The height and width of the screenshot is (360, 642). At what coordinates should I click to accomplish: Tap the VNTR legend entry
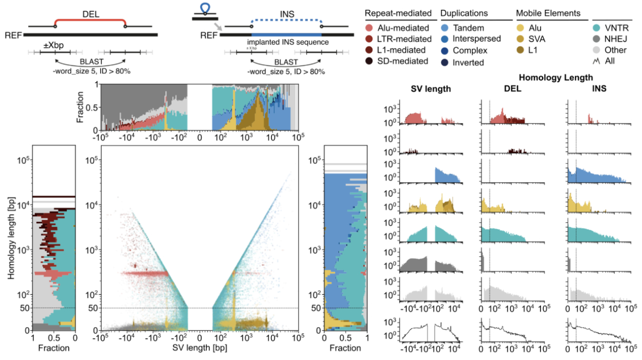618,28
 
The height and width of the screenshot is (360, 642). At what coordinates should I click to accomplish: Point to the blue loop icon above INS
204,7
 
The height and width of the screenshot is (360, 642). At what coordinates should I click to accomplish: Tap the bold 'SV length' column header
431,88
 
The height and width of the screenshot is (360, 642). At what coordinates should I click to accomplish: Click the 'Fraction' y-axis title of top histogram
79,107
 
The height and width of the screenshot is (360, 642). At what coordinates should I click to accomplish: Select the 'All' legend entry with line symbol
615,62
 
